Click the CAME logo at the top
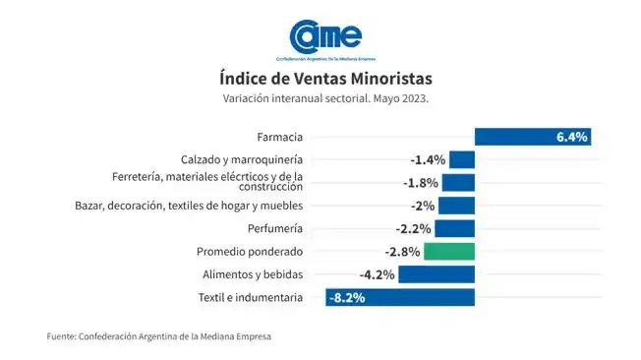[x=324, y=38]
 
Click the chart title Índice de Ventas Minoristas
[x=324, y=78]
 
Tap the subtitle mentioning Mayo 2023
[x=324, y=98]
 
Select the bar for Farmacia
[x=533, y=137]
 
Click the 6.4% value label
[x=571, y=137]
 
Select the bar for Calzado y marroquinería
[x=462, y=159]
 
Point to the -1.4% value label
[x=428, y=159]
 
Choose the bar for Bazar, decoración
[x=457, y=206]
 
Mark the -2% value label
[x=423, y=206]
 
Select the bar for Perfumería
[x=455, y=228]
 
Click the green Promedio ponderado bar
[x=449, y=251]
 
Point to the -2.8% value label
[x=402, y=251]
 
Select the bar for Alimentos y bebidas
[x=437, y=274]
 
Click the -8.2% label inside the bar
[x=347, y=297]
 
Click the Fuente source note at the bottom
[x=158, y=336]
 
